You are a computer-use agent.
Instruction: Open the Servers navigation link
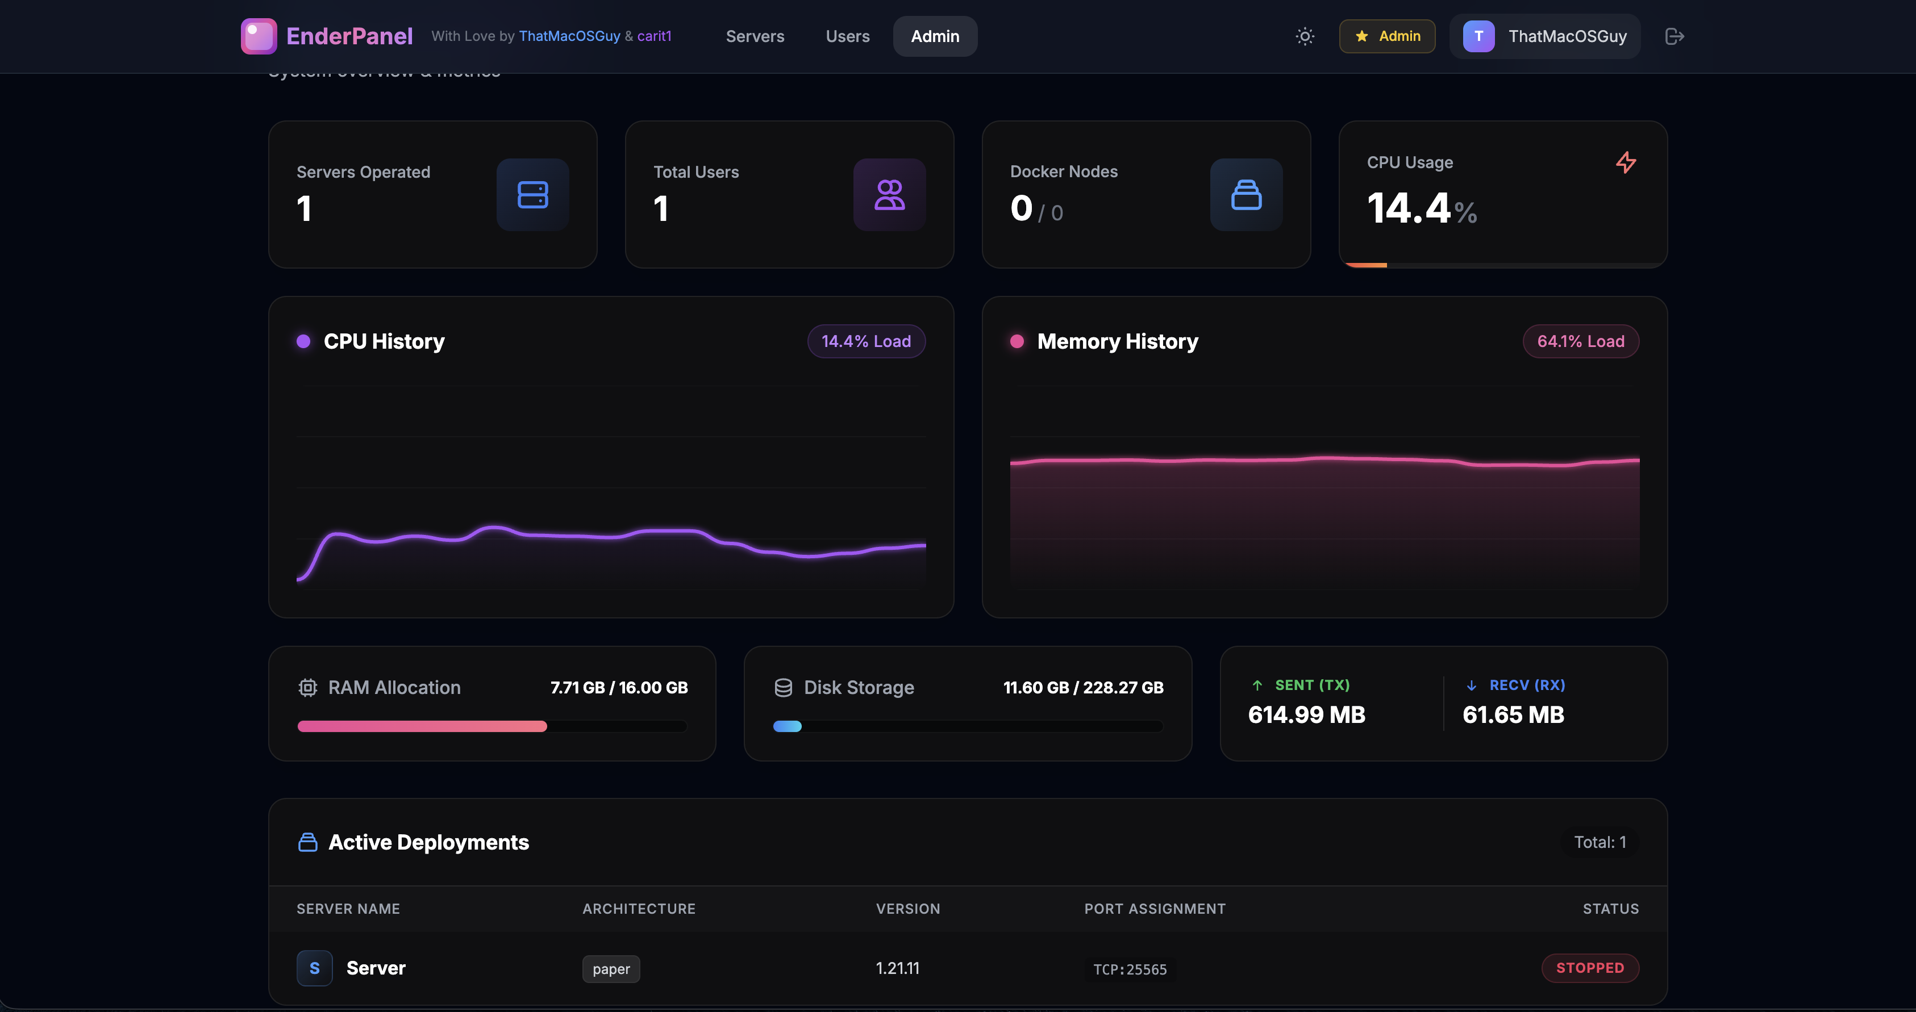(755, 36)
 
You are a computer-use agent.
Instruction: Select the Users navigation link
(847, 36)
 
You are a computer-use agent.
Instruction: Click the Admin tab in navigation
(935, 36)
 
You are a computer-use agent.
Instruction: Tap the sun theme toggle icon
(1305, 36)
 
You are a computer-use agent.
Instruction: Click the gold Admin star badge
(1387, 36)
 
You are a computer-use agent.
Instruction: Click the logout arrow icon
(1675, 36)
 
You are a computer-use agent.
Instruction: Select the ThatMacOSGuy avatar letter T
(1478, 36)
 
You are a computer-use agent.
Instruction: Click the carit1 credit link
(654, 36)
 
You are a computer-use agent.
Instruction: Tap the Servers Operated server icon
(532, 195)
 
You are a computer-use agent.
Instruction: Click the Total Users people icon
(890, 195)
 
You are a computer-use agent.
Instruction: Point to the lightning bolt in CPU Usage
(1626, 163)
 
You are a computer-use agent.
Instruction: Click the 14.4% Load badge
(866, 341)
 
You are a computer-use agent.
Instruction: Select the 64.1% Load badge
(1581, 341)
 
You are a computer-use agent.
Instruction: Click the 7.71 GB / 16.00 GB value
(619, 688)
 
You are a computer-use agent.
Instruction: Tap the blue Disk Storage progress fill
(787, 726)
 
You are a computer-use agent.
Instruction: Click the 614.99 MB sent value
(1307, 714)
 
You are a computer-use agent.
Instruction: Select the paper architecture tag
(611, 969)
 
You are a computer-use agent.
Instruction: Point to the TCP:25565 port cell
(1130, 969)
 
